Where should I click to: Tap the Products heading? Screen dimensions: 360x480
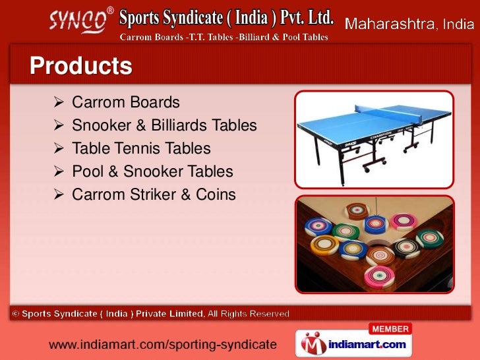80,67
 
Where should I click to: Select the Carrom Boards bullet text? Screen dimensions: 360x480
125,103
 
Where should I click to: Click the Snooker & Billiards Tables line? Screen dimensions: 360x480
164,125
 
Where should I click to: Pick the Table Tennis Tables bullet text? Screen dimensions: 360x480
141,148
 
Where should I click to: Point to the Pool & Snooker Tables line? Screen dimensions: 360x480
152,171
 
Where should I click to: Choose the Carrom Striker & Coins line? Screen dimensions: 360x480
154,195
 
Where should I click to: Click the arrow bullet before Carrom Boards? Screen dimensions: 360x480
57,103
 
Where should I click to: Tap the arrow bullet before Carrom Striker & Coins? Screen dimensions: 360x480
57,195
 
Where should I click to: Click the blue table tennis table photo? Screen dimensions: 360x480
373,139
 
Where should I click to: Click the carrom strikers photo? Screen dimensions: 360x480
374,244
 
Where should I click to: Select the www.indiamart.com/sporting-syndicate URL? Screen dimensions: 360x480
162,344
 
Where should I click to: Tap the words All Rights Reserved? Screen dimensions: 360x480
250,314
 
